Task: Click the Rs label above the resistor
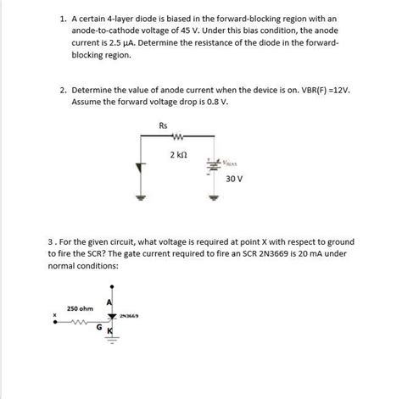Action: pyautogui.click(x=164, y=126)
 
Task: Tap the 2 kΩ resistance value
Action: pyautogui.click(x=178, y=155)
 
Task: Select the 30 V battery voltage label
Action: pyautogui.click(x=235, y=179)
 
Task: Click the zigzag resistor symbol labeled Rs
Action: pyautogui.click(x=178, y=139)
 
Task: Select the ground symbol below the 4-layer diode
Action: pyautogui.click(x=142, y=197)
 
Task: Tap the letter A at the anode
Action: pyautogui.click(x=109, y=302)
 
